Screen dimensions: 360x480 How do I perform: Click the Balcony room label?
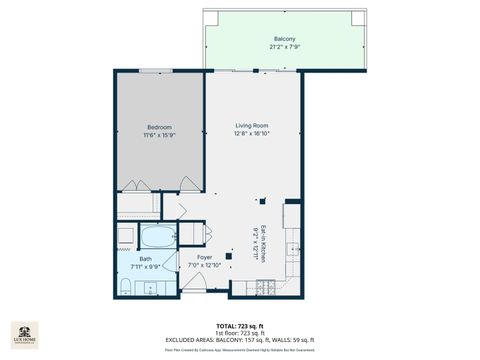pos(284,38)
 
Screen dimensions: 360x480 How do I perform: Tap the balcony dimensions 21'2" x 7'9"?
pos(284,47)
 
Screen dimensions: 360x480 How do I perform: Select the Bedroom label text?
pos(160,127)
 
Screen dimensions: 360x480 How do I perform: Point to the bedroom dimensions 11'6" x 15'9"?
pos(160,135)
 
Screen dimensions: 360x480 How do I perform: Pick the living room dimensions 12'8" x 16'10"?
pos(253,133)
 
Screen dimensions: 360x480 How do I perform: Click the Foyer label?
pos(204,257)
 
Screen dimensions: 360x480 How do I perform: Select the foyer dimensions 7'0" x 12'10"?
pos(204,265)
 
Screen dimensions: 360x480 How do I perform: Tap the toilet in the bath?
pos(123,288)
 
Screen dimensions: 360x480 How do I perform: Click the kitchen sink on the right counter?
pos(293,245)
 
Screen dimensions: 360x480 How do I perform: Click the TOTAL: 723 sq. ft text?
pos(239,326)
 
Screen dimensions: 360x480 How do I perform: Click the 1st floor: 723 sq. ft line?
pos(239,333)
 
